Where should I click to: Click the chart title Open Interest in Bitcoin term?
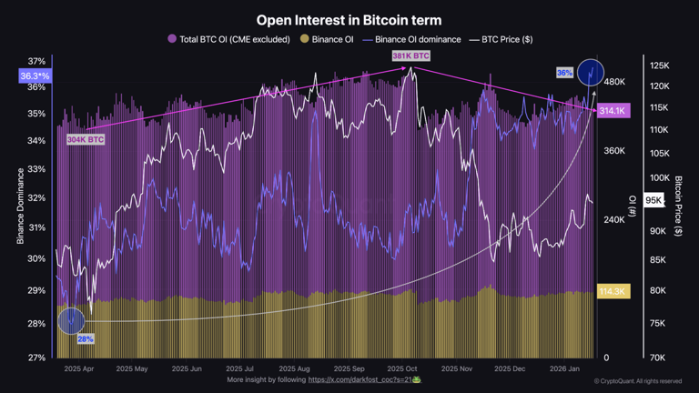pos(349,19)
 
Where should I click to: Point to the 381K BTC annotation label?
pos(410,56)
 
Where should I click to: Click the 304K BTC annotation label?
pos(86,140)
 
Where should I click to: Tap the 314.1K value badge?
pos(613,111)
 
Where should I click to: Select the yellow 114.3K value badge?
pos(613,291)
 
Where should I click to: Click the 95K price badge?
pos(653,200)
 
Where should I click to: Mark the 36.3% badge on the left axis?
pos(35,76)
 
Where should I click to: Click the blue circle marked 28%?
pos(71,320)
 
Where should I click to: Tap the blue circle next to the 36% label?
pos(591,72)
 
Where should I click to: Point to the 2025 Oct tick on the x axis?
pos(401,369)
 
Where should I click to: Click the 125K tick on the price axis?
pos(660,65)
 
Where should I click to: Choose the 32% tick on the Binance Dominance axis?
pos(35,197)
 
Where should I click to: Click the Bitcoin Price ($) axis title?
pos(679,207)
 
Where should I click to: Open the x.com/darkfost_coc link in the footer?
pos(363,379)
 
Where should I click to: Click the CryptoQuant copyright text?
pos(637,381)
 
